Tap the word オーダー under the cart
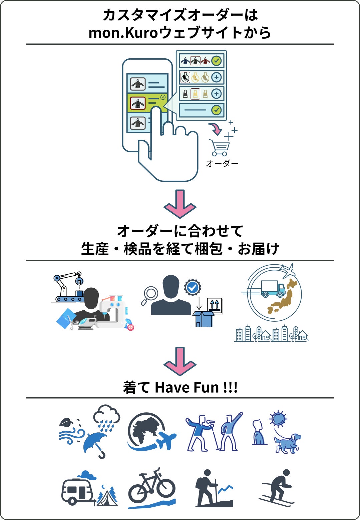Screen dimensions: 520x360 coord(222,163)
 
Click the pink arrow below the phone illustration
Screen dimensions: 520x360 coord(180,204)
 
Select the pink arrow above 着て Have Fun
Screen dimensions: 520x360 coord(180,361)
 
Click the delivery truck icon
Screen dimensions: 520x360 coord(273,289)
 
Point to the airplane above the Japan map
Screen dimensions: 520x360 coord(288,270)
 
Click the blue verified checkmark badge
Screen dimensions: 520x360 coord(193,287)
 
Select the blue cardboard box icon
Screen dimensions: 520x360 coord(203,319)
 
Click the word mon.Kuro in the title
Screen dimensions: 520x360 coord(123,33)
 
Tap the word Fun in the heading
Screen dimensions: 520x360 coord(207,388)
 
